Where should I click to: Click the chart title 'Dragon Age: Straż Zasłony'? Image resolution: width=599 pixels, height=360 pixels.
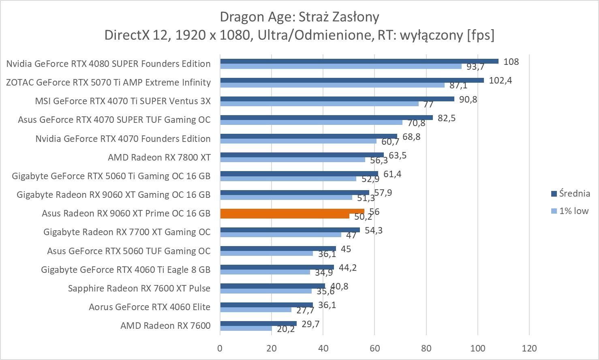click(299, 17)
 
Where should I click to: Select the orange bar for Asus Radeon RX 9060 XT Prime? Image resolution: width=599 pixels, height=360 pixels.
click(292, 211)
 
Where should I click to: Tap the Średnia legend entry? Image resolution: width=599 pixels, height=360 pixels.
click(570, 193)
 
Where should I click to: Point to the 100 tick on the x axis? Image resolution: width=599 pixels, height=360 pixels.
click(478, 348)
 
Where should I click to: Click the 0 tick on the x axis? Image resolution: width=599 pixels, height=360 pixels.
click(220, 348)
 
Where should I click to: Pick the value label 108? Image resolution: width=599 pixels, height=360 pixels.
click(511, 62)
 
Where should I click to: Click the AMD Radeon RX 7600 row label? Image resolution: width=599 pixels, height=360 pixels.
click(165, 326)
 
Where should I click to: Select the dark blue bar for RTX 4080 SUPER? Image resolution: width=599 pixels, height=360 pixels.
click(359, 61)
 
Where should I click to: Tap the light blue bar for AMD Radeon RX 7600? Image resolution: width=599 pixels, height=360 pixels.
click(246, 328)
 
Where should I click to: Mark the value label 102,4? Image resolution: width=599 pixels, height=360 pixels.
click(500, 80)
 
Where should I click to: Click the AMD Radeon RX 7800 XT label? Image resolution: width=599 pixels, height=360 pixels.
click(159, 157)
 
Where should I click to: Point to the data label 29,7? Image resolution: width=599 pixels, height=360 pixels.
click(310, 324)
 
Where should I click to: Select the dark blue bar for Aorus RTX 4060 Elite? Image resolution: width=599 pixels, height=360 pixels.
click(266, 305)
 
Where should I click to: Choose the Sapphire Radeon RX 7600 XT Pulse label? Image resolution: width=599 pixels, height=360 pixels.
click(139, 288)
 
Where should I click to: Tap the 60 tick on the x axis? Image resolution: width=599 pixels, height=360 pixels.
click(375, 348)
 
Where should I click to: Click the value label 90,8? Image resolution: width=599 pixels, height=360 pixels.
click(468, 99)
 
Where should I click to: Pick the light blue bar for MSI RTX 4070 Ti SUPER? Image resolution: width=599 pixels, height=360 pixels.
click(319, 104)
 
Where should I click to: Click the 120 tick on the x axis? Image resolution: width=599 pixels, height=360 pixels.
click(529, 348)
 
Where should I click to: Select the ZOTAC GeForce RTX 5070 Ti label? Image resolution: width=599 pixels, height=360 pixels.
click(108, 82)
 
